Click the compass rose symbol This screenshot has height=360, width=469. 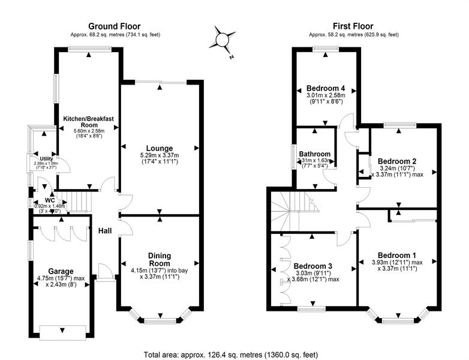click(222, 40)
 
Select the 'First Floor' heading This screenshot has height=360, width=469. click(354, 26)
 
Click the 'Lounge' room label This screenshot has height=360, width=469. click(160, 148)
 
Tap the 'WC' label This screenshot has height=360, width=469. click(50, 200)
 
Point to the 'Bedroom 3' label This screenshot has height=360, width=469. click(313, 266)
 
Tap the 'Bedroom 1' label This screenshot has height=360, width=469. click(398, 254)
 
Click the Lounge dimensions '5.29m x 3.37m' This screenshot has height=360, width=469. click(160, 155)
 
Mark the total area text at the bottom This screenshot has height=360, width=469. click(235, 353)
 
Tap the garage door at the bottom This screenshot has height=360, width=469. click(62, 329)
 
